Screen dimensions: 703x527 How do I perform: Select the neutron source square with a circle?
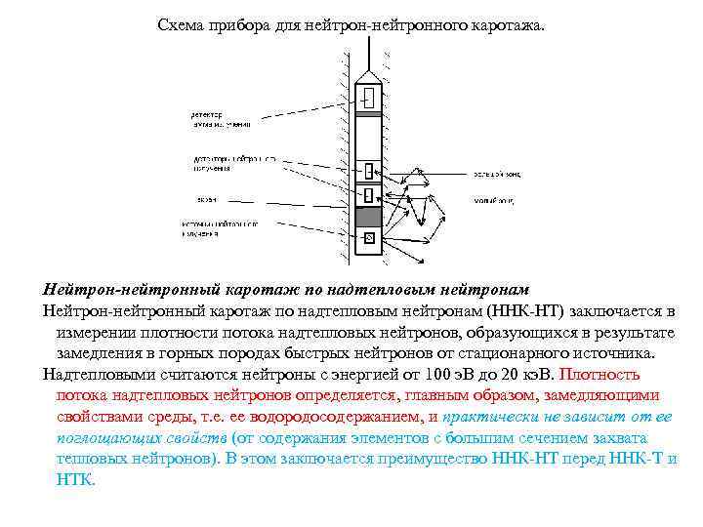[369, 238]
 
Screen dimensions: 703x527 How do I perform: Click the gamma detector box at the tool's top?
[370, 98]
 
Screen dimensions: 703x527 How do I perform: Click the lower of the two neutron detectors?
[369, 195]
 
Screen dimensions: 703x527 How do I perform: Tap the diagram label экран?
[206, 199]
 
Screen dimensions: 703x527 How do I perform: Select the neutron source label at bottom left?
[220, 229]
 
